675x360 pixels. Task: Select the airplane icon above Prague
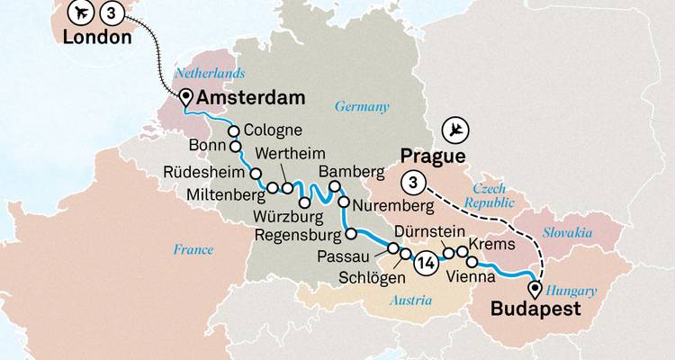point(459,129)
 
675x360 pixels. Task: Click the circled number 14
point(427,263)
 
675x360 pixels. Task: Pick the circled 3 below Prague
point(413,182)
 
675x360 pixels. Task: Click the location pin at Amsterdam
point(186,98)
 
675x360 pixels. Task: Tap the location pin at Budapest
point(537,290)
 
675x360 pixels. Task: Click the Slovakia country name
point(566,232)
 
